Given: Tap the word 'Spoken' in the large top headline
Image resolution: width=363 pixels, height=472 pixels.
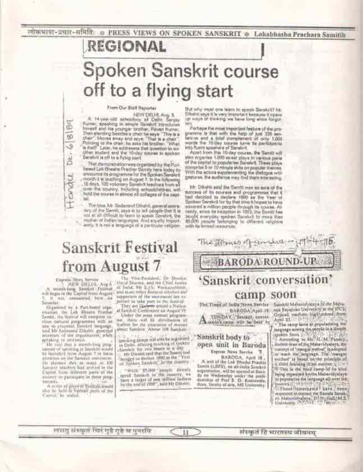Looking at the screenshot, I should tap(116, 71).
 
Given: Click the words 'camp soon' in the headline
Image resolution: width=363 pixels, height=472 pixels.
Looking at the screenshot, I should tap(265, 294).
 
